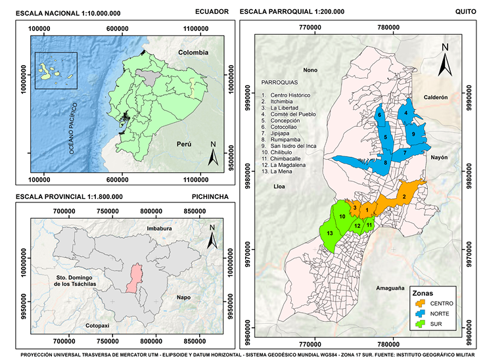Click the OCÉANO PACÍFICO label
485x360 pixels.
click(x=74, y=128)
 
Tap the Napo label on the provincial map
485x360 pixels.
click(x=184, y=298)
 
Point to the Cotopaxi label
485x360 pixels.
click(x=100, y=326)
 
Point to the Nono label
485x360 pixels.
click(x=310, y=70)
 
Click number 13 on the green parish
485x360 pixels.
click(x=330, y=234)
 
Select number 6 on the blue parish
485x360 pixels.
click(x=380, y=115)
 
